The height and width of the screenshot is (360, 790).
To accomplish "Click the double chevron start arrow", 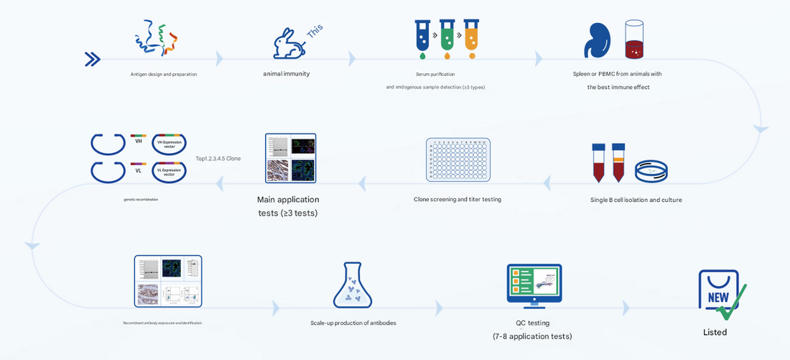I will click(92, 59).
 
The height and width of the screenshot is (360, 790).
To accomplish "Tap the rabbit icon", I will click(289, 45).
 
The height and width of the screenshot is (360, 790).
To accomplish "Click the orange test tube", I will click(471, 37).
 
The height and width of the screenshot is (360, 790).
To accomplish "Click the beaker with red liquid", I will click(634, 40).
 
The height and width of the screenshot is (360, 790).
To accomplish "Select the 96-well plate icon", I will click(457, 159).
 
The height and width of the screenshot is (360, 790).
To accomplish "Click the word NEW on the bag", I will click(718, 297).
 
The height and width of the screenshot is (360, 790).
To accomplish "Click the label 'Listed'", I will click(715, 333).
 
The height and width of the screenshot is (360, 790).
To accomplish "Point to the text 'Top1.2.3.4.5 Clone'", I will click(218, 159).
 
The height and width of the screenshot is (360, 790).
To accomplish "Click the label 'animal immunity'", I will click(286, 73).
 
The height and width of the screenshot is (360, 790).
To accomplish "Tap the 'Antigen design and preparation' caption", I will click(163, 74).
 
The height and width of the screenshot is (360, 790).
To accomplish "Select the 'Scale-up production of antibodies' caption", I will click(353, 323).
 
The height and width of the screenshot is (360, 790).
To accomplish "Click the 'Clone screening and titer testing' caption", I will click(457, 200).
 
